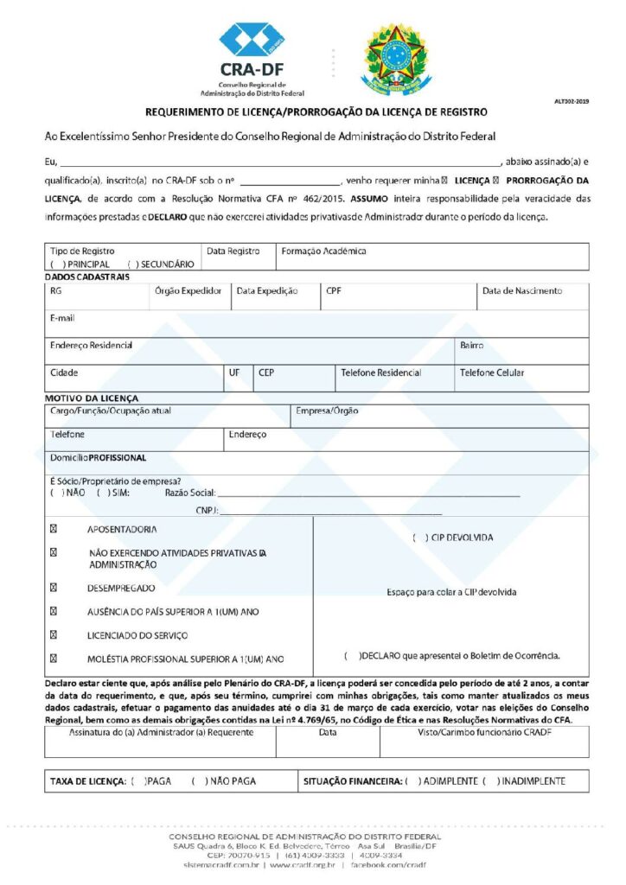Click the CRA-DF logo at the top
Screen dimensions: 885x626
251,58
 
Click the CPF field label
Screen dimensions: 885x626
334,291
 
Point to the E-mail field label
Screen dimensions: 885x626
62,318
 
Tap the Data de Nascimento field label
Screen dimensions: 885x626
521,291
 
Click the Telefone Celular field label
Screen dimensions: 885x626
491,372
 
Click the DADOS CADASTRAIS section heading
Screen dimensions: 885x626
86,277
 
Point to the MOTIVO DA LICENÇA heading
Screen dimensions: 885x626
91,398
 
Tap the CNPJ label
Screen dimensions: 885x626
207,511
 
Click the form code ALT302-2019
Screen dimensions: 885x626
571,102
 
